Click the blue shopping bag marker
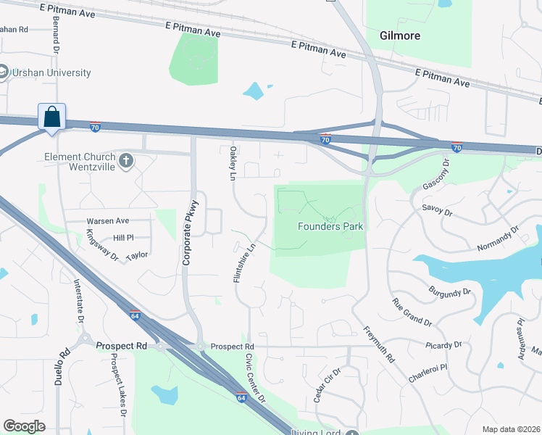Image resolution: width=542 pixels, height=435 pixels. point(51,117)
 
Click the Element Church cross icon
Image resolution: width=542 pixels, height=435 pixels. point(126,160)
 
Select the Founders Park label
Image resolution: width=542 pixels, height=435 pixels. point(330,226)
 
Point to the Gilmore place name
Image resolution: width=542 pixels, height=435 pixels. point(400,35)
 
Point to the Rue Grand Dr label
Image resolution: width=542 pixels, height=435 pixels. point(412,312)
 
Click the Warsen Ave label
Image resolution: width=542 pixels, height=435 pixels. point(107,220)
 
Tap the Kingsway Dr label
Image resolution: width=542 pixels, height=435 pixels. point(102,244)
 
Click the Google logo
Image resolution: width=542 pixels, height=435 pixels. point(25,426)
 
